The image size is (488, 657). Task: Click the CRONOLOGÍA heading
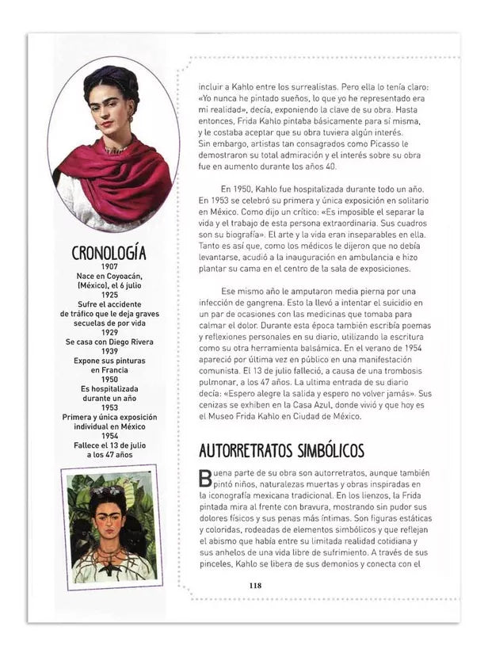tap(109, 253)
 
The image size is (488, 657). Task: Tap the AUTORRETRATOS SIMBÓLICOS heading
tap(281, 450)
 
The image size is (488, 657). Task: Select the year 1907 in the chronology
tap(109, 267)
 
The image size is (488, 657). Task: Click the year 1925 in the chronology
tap(109, 295)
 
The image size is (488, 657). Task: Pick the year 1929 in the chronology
tap(109, 332)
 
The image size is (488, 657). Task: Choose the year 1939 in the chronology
tap(109, 351)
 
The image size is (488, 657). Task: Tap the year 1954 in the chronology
tap(109, 436)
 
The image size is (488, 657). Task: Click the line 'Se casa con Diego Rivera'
tap(109, 342)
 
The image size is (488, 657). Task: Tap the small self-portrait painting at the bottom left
tap(111, 526)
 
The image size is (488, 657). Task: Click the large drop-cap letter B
tap(205, 477)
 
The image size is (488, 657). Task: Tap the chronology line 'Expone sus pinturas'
tap(109, 361)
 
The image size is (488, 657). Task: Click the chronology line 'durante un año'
tap(109, 398)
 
